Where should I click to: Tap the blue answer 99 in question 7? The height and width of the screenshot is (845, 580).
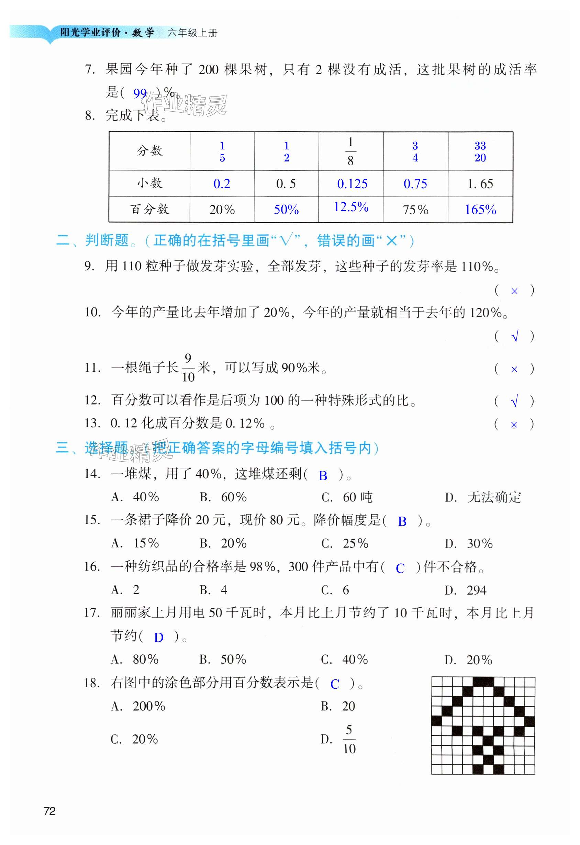point(140,93)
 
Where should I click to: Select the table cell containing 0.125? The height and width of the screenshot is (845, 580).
point(352,184)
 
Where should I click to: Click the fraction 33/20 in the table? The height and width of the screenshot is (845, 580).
point(480,151)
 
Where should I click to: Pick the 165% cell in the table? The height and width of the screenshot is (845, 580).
point(480,210)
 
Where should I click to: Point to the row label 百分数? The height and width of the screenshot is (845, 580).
point(149,210)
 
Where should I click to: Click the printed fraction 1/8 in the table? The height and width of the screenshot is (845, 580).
point(350,151)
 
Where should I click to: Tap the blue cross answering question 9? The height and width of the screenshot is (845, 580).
point(514,291)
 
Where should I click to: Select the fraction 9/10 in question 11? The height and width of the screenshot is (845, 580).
point(188,368)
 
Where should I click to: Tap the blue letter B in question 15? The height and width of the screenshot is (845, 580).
point(402,521)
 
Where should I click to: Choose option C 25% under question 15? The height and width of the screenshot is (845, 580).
point(345,543)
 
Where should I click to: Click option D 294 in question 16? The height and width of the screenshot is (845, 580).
point(466,590)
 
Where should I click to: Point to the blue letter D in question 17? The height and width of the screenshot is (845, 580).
point(158,638)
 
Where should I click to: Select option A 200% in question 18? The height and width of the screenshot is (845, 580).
point(138,706)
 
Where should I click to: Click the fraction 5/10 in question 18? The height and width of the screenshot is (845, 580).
point(349,739)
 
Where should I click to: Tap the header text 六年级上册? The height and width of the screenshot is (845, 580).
point(192,33)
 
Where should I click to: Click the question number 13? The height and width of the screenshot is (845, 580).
point(92,423)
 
